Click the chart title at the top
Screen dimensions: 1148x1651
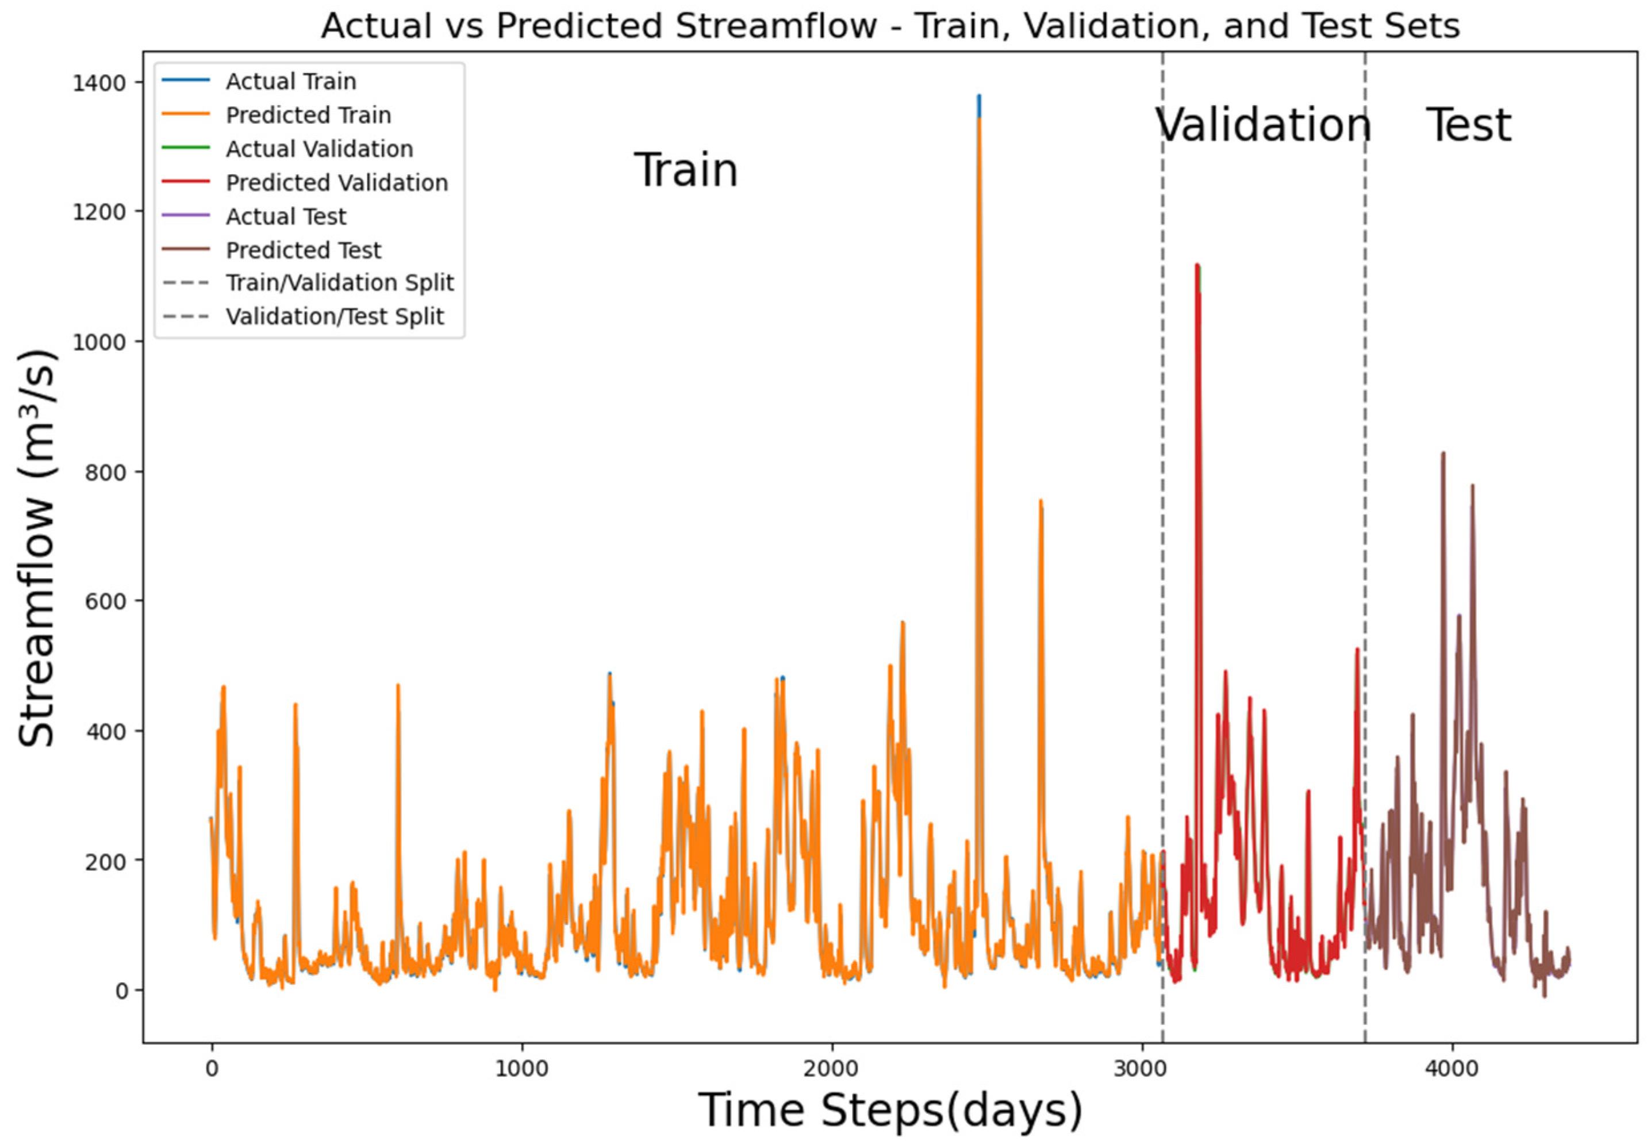tap(890, 26)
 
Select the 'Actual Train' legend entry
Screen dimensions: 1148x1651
tap(290, 81)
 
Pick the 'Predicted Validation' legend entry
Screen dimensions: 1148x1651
tap(336, 183)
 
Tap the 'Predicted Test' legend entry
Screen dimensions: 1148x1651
tap(304, 250)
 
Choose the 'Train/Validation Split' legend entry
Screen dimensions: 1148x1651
tap(339, 283)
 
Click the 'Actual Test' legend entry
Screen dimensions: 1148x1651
tap(286, 217)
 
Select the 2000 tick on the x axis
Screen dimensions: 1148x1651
tap(832, 1069)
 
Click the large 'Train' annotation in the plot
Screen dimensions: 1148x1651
tap(685, 171)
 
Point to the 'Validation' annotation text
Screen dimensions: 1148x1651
tap(1263, 125)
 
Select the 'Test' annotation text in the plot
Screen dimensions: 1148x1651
tap(1468, 125)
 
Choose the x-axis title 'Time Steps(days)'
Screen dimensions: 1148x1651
tap(890, 1111)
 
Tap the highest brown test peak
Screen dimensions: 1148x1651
tap(1442, 454)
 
